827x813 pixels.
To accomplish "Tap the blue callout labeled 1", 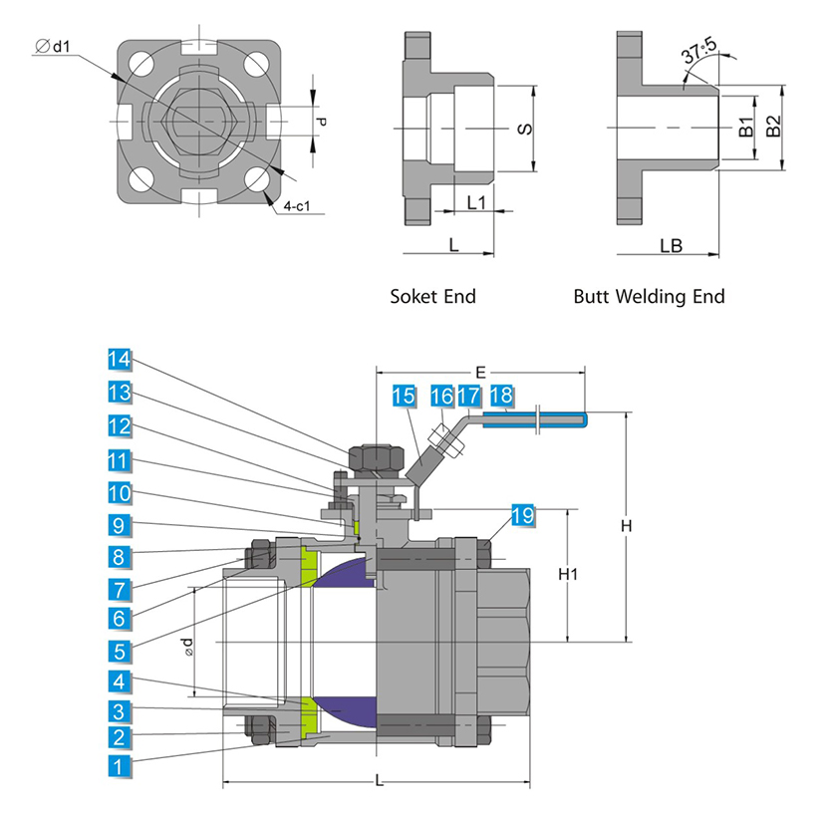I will point(120,767).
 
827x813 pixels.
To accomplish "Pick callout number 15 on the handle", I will point(404,397).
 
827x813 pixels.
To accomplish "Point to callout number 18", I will point(501,397).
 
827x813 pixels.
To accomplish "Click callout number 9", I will point(120,525).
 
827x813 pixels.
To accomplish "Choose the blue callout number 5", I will point(120,653).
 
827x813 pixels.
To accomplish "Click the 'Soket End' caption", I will point(432,296).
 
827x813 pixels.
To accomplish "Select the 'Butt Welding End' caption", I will point(649,296).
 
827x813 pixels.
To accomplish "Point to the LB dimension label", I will point(671,245).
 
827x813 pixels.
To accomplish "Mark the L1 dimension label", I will point(476,201).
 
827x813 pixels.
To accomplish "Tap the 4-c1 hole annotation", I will point(297,206).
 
